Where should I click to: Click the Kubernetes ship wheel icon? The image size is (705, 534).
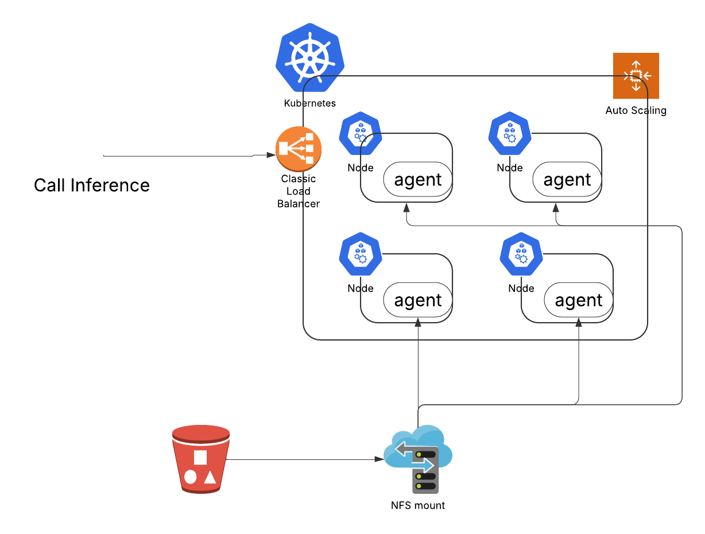309,58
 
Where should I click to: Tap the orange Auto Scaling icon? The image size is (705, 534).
636,75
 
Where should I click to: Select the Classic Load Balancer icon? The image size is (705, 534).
299,149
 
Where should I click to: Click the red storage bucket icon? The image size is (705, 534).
201,459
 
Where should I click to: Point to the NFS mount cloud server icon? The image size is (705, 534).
418,459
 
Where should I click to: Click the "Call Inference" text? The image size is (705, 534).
92,185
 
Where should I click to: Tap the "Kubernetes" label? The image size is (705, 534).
309,103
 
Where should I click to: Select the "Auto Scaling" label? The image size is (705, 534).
636,110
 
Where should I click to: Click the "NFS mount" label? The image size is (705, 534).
417,505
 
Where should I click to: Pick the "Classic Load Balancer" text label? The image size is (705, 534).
299,191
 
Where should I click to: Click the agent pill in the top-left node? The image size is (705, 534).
417,179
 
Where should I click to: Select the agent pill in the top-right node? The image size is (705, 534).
567,179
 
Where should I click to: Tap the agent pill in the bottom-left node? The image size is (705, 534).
417,300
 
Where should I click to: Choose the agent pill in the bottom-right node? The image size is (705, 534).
578,300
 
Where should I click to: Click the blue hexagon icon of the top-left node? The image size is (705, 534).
361,133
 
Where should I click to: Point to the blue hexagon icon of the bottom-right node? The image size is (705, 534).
521,254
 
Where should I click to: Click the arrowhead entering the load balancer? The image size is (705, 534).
271,155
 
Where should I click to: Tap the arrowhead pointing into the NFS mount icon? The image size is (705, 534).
379,459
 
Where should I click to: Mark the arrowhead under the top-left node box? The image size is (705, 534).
406,208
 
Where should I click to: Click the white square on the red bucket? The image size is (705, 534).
200,457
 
